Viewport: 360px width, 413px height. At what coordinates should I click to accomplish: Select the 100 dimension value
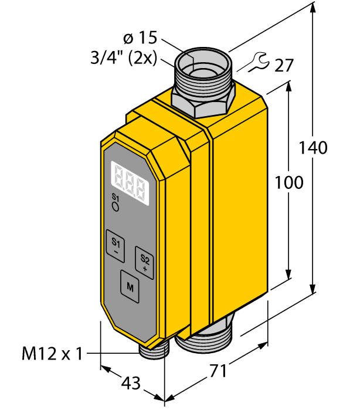pos(289,182)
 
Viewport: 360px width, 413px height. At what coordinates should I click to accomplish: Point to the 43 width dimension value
pos(130,383)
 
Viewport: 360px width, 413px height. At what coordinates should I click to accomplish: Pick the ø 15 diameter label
pos(140,39)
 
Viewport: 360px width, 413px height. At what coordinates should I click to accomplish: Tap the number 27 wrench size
pos(283,65)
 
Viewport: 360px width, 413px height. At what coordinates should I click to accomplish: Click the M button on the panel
pos(130,287)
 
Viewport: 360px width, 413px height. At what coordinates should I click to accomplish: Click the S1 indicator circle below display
pos(116,207)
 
